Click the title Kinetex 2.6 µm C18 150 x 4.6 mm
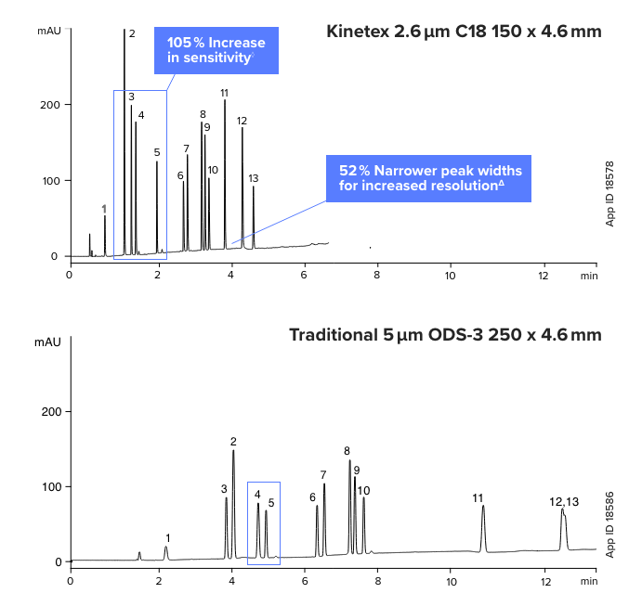point(464,32)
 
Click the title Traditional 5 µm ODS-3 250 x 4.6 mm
point(445,334)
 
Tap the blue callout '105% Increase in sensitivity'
point(216,50)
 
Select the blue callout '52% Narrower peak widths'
point(428,178)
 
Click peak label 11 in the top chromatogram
point(225,93)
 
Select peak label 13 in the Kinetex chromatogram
point(254,178)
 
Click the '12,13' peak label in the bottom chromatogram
point(564,502)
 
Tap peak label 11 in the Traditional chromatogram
point(478,498)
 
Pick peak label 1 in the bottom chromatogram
point(167,537)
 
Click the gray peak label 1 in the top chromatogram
point(104,208)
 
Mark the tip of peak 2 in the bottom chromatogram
point(233,451)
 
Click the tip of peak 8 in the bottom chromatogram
point(349,460)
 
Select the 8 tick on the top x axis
point(377,275)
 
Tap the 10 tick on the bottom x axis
point(451,581)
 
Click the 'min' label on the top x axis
point(589,275)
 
